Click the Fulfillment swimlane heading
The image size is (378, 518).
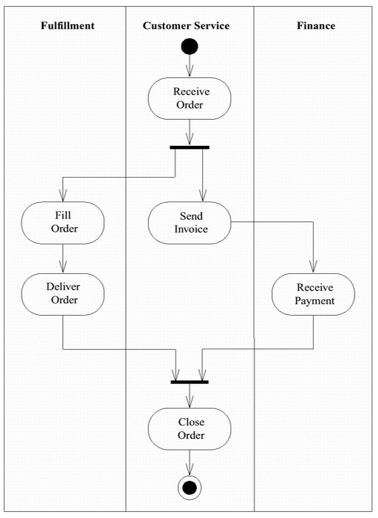pyautogui.click(x=68, y=25)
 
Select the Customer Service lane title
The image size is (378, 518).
pyautogui.click(x=186, y=25)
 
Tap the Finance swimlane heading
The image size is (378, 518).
pyautogui.click(x=316, y=25)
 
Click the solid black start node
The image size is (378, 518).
pyautogui.click(x=189, y=46)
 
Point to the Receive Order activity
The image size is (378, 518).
pyautogui.click(x=189, y=99)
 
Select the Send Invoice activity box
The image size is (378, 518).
pyautogui.click(x=189, y=223)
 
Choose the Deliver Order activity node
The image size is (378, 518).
pyautogui.click(x=63, y=294)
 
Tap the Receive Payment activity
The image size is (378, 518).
pyautogui.click(x=313, y=294)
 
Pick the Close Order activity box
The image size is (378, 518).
pyautogui.click(x=189, y=429)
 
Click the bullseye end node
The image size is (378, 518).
pyautogui.click(x=189, y=488)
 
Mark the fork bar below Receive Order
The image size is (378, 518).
pyautogui.click(x=189, y=148)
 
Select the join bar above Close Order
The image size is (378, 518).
pyautogui.click(x=189, y=382)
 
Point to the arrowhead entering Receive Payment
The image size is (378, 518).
pyautogui.click(x=313, y=267)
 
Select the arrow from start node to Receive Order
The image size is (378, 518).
pyautogui.click(x=189, y=66)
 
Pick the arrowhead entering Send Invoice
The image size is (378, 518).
pyautogui.click(x=203, y=196)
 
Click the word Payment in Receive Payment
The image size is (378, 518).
pyautogui.click(x=314, y=301)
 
